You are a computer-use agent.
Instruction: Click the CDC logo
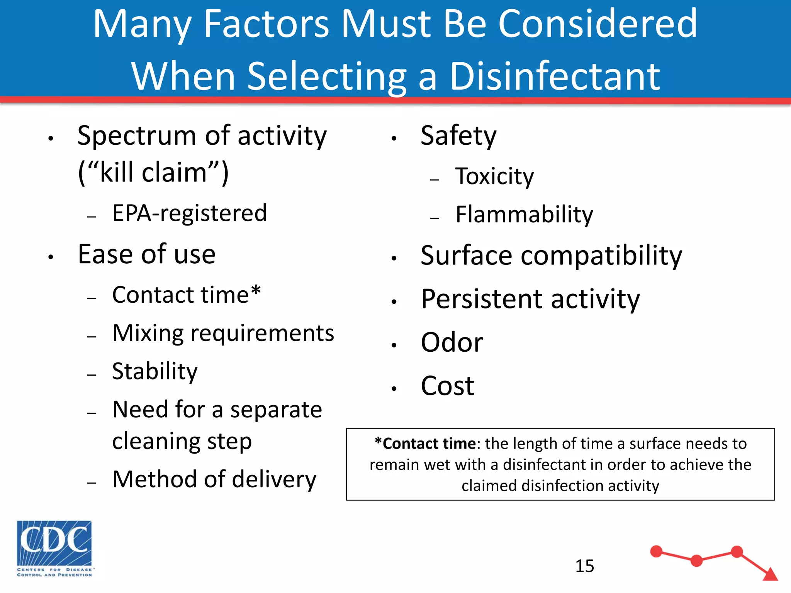point(54,548)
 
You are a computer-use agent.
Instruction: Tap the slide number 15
point(584,566)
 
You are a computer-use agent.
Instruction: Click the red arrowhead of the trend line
point(771,574)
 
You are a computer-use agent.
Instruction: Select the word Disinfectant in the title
point(555,76)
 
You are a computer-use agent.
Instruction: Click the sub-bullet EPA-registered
point(189,213)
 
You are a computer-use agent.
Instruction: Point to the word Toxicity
point(494,176)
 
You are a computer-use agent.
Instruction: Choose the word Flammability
point(524,215)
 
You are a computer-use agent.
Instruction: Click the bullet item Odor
point(452,342)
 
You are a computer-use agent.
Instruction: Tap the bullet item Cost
point(447,386)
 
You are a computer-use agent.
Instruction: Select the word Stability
point(154,371)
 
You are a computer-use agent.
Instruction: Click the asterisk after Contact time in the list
point(256,290)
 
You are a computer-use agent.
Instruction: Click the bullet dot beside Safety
point(394,138)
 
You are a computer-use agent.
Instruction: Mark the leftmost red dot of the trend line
point(656,551)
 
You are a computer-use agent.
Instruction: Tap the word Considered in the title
point(597,24)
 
